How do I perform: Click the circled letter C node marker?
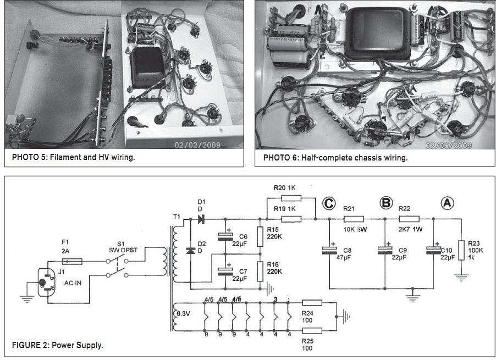click(x=329, y=203)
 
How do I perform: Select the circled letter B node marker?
click(x=386, y=203)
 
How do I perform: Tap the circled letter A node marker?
click(x=447, y=203)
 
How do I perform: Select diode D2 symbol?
click(x=191, y=250)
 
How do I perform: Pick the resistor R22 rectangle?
click(x=410, y=219)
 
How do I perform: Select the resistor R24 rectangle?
click(x=312, y=302)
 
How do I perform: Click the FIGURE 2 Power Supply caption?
click(x=58, y=345)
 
